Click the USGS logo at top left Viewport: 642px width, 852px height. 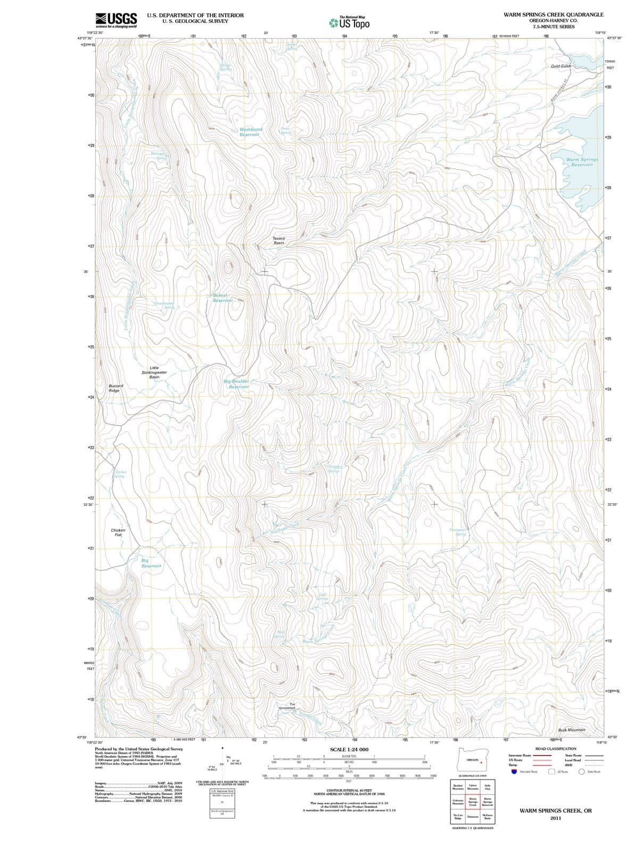(x=116, y=20)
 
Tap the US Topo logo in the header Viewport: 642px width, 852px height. (x=349, y=22)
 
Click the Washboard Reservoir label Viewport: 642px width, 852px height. (x=250, y=132)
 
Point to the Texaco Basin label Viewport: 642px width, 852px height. (x=278, y=241)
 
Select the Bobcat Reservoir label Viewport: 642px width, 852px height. (x=223, y=298)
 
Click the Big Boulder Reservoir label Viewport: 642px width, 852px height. (x=237, y=384)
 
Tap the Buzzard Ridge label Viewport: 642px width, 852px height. (x=115, y=388)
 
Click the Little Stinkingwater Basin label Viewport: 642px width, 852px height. (x=154, y=372)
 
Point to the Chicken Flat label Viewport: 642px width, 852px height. (x=118, y=532)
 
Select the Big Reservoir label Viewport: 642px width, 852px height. (x=151, y=563)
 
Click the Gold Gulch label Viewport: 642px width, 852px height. (x=561, y=66)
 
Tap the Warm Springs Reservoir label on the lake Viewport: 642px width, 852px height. (x=581, y=162)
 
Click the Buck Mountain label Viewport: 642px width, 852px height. (x=571, y=730)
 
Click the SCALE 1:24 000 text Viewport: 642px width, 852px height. (x=349, y=750)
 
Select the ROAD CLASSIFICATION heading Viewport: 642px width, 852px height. (x=555, y=749)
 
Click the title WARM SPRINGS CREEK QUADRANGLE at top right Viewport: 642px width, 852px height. (x=553, y=14)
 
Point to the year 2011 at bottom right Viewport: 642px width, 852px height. (x=556, y=818)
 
